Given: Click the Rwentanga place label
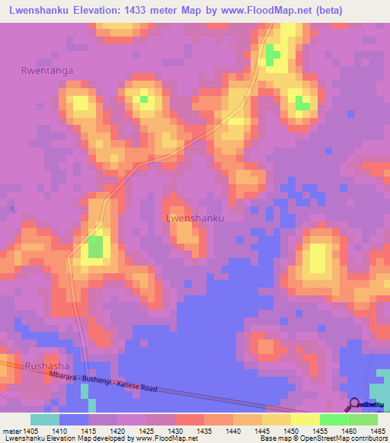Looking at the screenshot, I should coord(47,71).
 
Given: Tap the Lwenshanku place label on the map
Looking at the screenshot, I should coord(194,218).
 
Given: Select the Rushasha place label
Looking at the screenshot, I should coord(47,366).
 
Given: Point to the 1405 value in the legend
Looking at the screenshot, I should coord(30,430).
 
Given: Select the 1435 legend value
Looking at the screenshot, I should coord(204,430).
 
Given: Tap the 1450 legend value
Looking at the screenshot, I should coord(291,430).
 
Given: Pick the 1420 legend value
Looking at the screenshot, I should coord(117,430).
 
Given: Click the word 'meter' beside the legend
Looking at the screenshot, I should coord(11,430).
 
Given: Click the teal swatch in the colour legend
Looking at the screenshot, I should coord(45,419).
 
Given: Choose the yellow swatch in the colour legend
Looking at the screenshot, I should coord(305,419).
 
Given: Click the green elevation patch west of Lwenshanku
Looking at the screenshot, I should coord(94,246).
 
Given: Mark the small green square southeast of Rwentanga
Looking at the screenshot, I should coord(143,98).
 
